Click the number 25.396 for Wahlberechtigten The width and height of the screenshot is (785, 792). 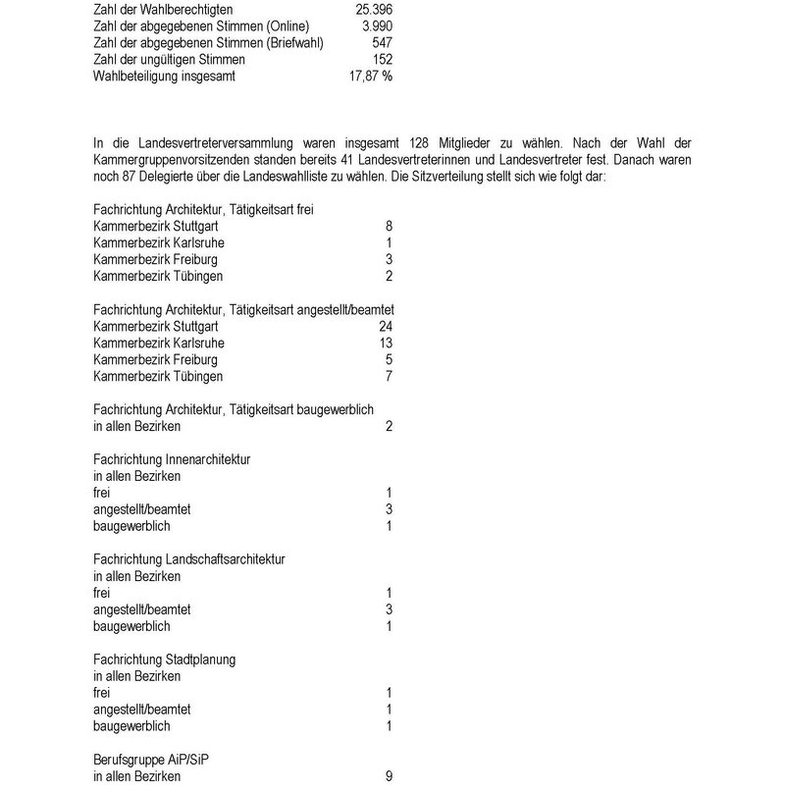373,9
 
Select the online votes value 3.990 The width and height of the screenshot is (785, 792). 377,26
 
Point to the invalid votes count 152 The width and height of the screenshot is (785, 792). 383,59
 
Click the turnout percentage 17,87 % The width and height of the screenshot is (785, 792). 371,76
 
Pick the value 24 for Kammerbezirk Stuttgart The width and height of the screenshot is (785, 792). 385,326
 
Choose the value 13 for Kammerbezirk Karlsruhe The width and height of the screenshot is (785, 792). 385,343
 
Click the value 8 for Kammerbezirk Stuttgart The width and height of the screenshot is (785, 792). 389,226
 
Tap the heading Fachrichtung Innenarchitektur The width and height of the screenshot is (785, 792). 172,459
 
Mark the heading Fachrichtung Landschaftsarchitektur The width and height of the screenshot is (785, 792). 189,559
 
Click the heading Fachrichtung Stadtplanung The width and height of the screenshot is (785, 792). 164,660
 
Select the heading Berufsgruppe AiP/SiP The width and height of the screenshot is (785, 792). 151,760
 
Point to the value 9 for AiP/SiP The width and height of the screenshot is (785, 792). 389,776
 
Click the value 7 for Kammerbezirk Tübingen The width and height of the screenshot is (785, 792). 389,376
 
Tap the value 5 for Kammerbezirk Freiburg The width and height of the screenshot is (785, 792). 389,359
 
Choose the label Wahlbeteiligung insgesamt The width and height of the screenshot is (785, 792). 163,76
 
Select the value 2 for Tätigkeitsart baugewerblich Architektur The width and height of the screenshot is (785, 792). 389,426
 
